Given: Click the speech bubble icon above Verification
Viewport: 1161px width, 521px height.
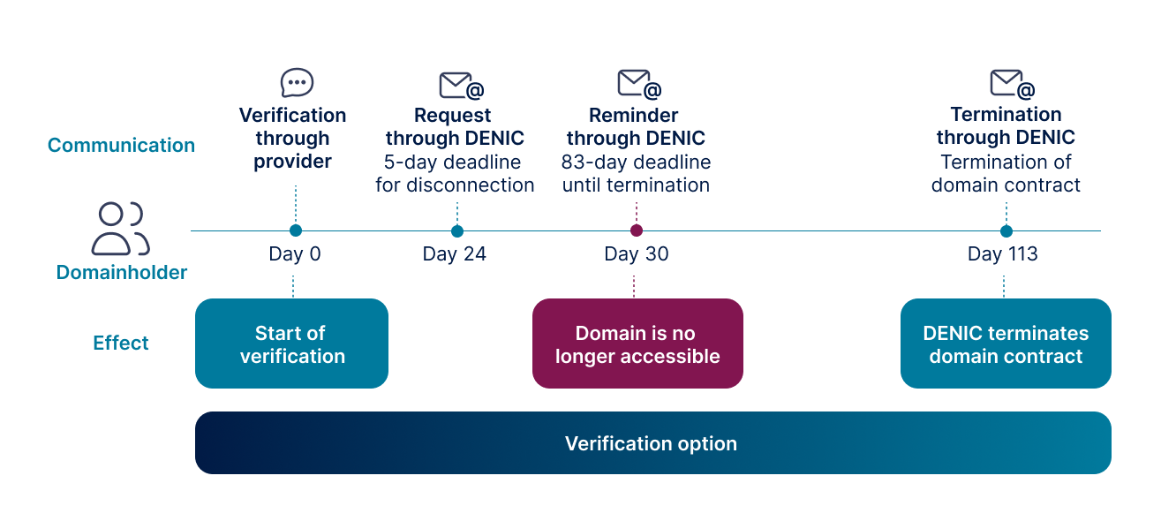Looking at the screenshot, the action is (297, 82).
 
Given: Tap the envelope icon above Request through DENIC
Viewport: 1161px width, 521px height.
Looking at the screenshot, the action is (461, 86).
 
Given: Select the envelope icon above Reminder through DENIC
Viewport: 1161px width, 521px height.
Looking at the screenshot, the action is (639, 84).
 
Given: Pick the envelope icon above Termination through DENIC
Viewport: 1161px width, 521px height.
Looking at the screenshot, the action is (1012, 84).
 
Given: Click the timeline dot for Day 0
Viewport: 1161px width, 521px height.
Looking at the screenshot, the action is (296, 230).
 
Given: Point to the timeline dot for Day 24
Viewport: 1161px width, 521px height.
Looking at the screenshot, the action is (457, 231).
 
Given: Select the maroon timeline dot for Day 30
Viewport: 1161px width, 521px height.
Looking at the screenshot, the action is (637, 230).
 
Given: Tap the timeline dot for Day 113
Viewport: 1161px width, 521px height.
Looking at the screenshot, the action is (1006, 231).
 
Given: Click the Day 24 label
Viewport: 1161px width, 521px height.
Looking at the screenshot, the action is (454, 254).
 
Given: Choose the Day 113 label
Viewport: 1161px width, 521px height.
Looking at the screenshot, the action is (1002, 254).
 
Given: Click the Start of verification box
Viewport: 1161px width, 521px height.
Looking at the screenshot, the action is (292, 344).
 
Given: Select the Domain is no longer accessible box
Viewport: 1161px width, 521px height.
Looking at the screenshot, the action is (637, 344).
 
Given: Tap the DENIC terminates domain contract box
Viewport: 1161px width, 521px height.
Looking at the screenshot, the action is (1006, 344).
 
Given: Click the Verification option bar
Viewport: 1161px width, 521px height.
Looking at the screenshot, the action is (653, 442).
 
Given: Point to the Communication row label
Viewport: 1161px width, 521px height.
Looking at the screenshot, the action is (121, 145).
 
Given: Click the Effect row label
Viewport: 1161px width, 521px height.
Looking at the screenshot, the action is (121, 344).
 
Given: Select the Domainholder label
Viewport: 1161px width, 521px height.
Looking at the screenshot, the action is (121, 273).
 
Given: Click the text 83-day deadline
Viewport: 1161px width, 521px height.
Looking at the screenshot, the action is (636, 162).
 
